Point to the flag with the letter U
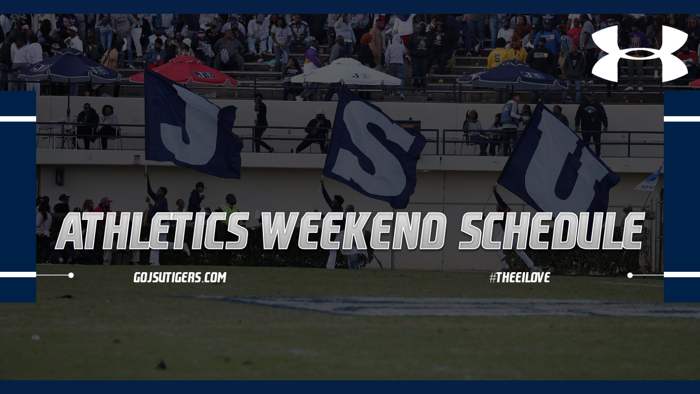(x=558, y=164)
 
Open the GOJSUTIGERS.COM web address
(x=180, y=278)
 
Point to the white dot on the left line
(x=71, y=275)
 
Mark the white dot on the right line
(x=630, y=275)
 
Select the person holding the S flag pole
(x=334, y=204)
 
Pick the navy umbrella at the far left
(x=69, y=67)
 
